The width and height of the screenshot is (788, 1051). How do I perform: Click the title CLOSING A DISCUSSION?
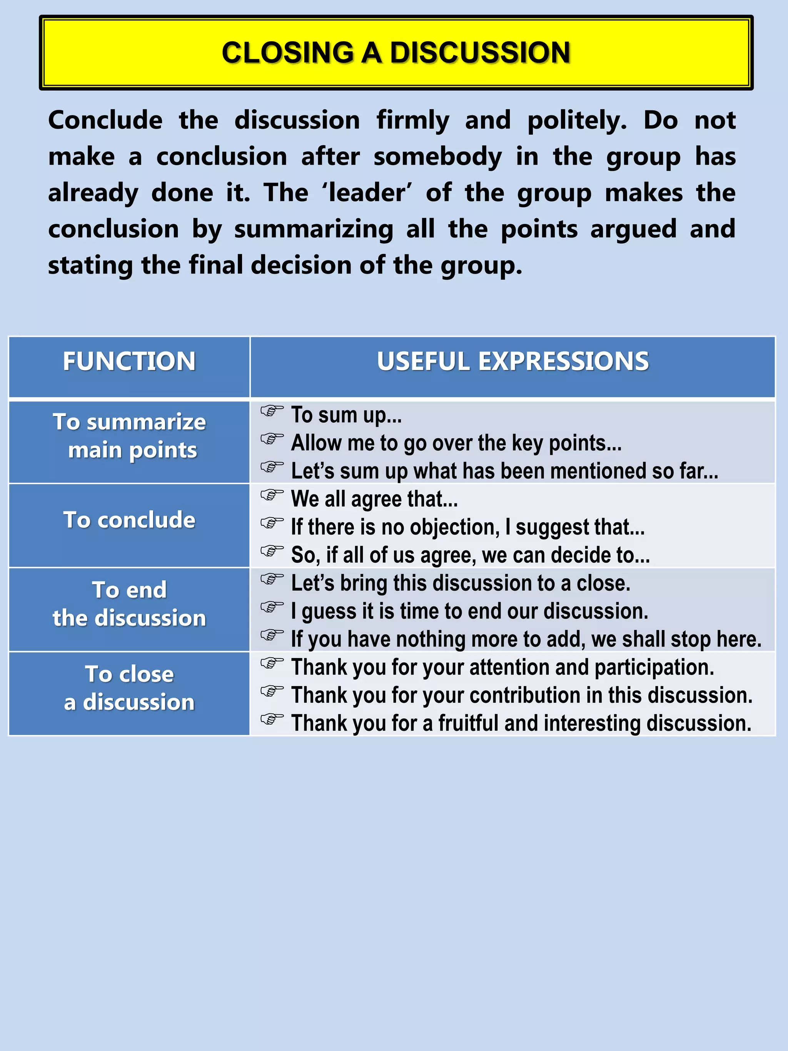pyautogui.click(x=396, y=52)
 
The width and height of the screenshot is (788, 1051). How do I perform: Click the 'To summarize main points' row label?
pyautogui.click(x=129, y=436)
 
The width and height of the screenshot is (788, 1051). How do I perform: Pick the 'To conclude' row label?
pyautogui.click(x=129, y=520)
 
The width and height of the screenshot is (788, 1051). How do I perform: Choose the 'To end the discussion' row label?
pyautogui.click(x=129, y=604)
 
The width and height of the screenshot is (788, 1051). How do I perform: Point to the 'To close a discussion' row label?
pyautogui.click(x=129, y=688)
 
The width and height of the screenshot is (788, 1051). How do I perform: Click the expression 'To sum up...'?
pyautogui.click(x=346, y=415)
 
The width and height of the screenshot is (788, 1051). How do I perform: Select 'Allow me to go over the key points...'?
pyautogui.click(x=456, y=443)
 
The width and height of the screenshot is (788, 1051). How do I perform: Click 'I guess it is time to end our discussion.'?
pyautogui.click(x=469, y=612)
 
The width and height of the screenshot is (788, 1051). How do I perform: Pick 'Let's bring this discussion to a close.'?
pyautogui.click(x=460, y=583)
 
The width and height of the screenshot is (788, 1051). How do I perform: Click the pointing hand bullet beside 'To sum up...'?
pyautogui.click(x=272, y=411)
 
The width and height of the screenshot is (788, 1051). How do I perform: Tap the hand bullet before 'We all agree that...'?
pyautogui.click(x=272, y=495)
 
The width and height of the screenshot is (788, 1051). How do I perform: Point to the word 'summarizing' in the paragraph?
pyautogui.click(x=314, y=229)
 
